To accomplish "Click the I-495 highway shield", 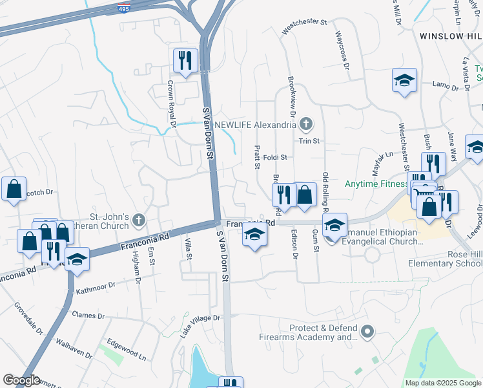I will click(x=123, y=8).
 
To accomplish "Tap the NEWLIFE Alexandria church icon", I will click(x=307, y=124).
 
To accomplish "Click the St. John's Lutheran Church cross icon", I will click(x=138, y=221).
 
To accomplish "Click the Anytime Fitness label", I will click(x=378, y=184).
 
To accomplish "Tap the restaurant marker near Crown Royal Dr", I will click(x=185, y=61).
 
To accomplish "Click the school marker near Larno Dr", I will click(x=404, y=81).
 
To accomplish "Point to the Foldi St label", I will click(x=274, y=157).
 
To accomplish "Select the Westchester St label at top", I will click(x=305, y=21).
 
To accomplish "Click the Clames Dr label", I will click(x=88, y=316).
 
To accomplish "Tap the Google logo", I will click(x=21, y=380).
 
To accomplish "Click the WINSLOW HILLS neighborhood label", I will click(x=451, y=36).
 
